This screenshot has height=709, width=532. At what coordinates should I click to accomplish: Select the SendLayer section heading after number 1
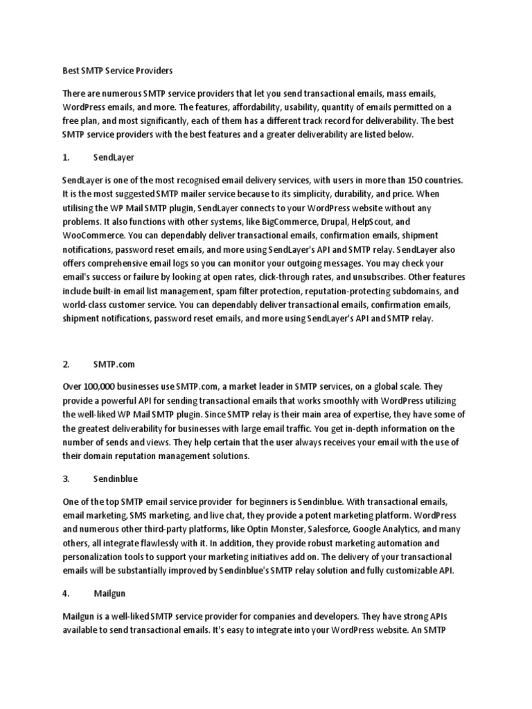coord(114,158)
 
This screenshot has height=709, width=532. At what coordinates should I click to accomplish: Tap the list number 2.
coord(66,364)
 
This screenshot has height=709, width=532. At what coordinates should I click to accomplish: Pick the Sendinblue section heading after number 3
coord(116,478)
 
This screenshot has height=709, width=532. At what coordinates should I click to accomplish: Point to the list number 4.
coord(66,593)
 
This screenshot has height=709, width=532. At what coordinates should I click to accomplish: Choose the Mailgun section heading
coord(110,593)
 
